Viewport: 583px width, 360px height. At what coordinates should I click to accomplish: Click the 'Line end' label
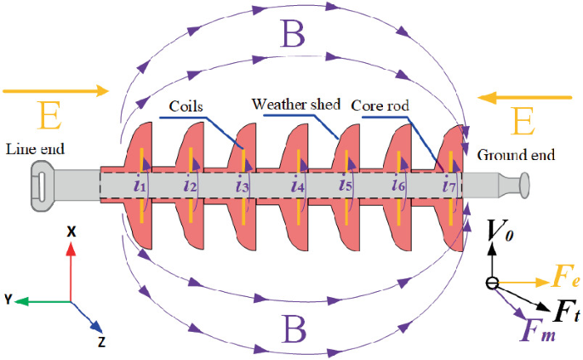[35, 150]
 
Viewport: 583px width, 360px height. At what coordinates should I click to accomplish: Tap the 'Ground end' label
[516, 155]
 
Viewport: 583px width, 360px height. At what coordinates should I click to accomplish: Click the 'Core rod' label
[380, 106]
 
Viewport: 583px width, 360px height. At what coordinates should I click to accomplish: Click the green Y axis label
[8, 300]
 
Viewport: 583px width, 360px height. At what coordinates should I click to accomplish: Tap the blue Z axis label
[101, 342]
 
